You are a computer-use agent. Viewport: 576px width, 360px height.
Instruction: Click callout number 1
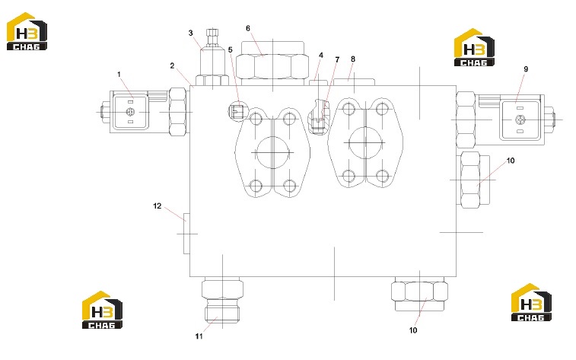click(x=119, y=74)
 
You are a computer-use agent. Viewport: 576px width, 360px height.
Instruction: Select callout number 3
click(x=191, y=33)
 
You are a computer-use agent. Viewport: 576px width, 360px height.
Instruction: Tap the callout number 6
click(x=248, y=28)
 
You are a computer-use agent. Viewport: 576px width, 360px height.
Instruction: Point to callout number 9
click(x=526, y=69)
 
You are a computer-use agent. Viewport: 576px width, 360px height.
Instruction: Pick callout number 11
click(x=199, y=336)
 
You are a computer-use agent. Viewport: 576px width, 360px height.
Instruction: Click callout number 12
click(x=158, y=206)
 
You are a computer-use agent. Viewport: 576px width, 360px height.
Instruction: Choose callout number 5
click(x=231, y=49)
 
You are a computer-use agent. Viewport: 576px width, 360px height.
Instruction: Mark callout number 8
click(x=353, y=59)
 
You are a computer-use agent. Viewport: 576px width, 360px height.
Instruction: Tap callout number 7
click(x=337, y=59)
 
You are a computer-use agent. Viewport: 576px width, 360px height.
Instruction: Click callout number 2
click(x=172, y=65)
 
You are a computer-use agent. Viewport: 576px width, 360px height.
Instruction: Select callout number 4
click(x=321, y=55)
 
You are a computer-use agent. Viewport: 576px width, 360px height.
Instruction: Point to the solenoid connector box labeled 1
click(x=130, y=112)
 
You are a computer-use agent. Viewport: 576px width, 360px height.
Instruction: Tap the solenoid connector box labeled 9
click(x=520, y=119)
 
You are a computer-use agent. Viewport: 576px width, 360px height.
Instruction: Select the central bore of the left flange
click(x=272, y=152)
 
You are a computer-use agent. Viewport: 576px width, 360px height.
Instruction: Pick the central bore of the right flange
click(x=365, y=142)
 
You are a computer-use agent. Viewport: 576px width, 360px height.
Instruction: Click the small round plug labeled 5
click(x=238, y=110)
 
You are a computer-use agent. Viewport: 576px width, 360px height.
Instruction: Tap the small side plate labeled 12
click(x=186, y=234)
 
